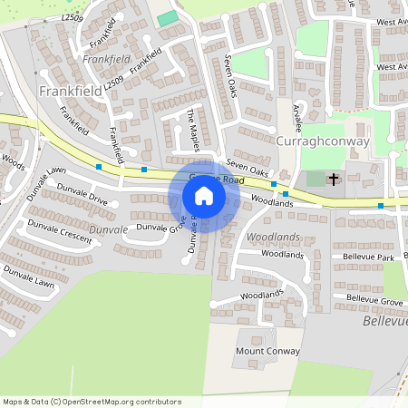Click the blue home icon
click(203, 195)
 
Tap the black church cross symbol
click(333, 179)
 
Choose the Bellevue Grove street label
click(374, 298)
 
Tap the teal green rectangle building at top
click(167, 19)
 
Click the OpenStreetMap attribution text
click(92, 402)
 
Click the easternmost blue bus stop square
click(381, 206)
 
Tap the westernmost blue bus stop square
click(98, 166)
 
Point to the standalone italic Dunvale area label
click(109, 230)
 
